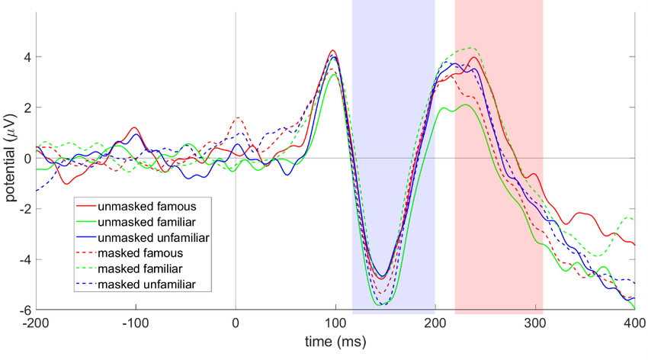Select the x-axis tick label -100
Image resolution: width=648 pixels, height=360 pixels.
tap(136, 323)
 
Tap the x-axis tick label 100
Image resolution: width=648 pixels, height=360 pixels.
tap(335, 323)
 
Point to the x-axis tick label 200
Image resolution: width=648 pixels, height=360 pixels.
tap(435, 323)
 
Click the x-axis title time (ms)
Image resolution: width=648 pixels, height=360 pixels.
tap(335, 343)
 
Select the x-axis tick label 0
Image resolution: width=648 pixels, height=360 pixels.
tap(236, 323)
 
